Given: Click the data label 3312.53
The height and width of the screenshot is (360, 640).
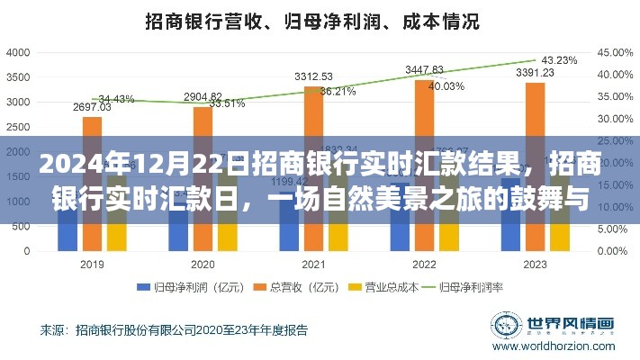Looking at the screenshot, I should coord(313,76).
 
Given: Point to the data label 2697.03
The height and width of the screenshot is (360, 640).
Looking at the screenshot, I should coord(92,107).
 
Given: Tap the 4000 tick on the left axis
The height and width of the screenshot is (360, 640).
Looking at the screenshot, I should coord(18,54).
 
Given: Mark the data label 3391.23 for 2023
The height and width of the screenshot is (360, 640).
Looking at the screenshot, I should coord(534,73).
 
